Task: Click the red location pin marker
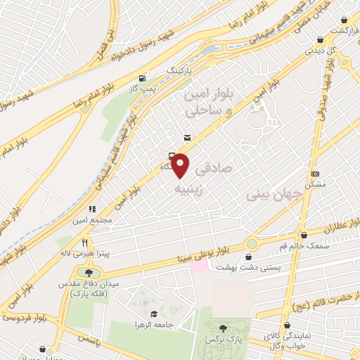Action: click(x=181, y=166)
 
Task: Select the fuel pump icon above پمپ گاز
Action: click(x=143, y=79)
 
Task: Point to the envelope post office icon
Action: click(x=186, y=137)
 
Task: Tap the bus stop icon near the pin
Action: click(x=172, y=157)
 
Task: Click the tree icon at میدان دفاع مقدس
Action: click(x=89, y=273)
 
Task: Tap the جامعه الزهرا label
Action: click(x=155, y=326)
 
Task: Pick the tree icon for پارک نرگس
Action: click(x=224, y=328)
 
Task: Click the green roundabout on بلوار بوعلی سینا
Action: click(x=251, y=243)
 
